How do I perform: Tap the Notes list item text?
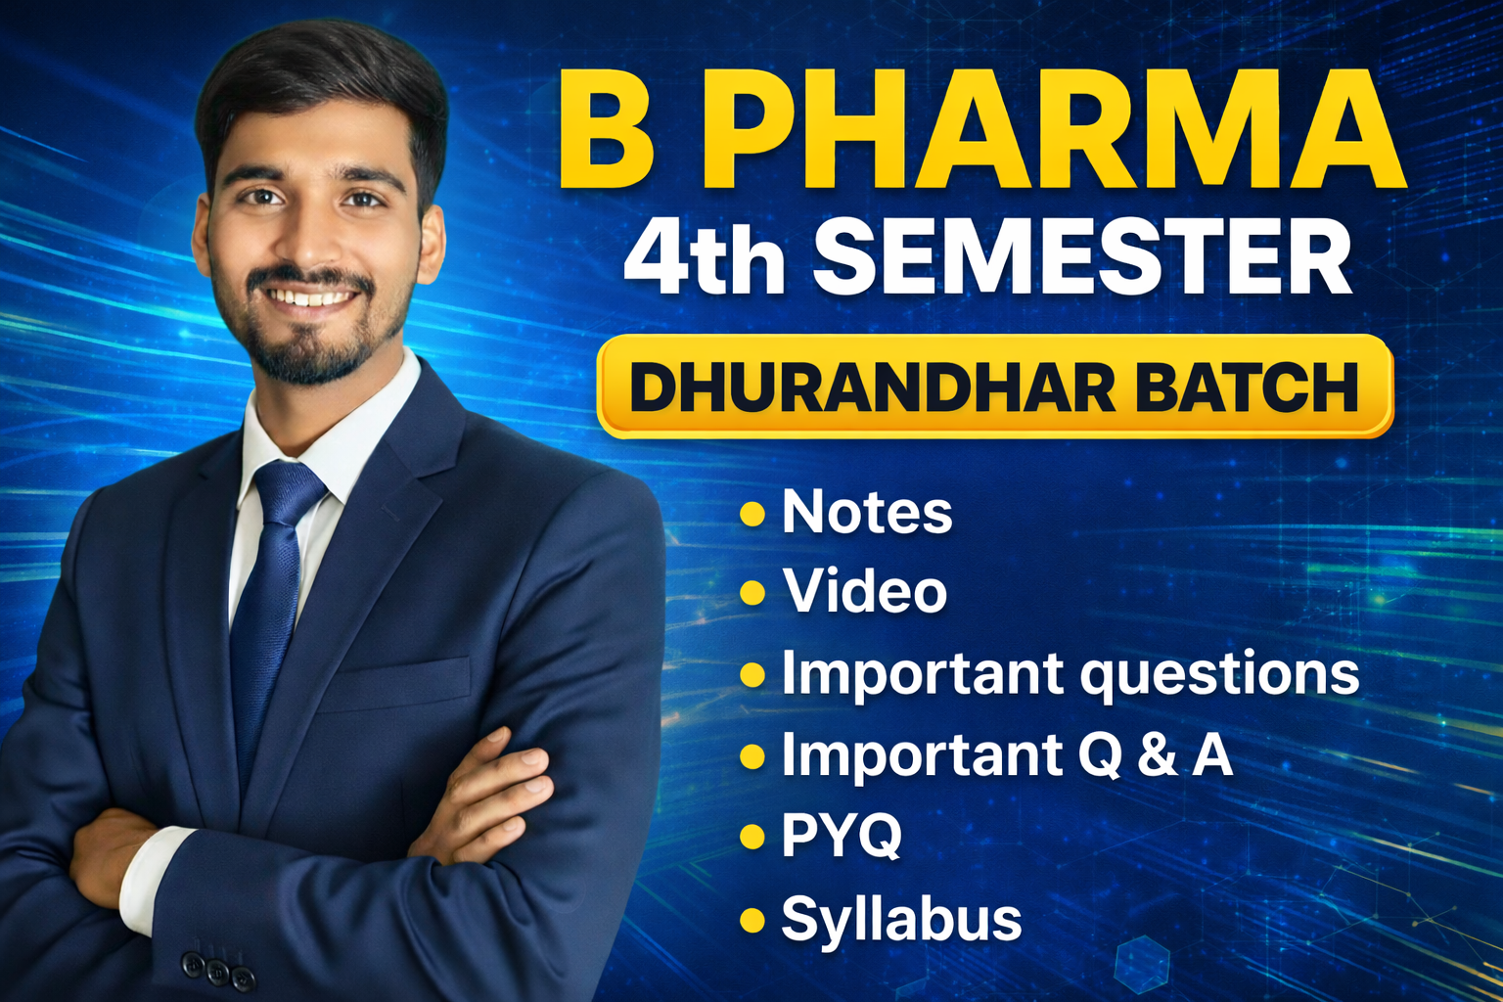[x=867, y=512]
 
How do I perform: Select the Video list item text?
[x=865, y=592]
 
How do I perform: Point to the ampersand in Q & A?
[x=1158, y=755]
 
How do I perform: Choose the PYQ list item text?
[x=842, y=837]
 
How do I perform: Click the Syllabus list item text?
[x=901, y=920]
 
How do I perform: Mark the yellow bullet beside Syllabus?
[x=752, y=920]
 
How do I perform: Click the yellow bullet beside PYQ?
[x=752, y=837]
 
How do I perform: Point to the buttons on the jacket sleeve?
[x=217, y=970]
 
